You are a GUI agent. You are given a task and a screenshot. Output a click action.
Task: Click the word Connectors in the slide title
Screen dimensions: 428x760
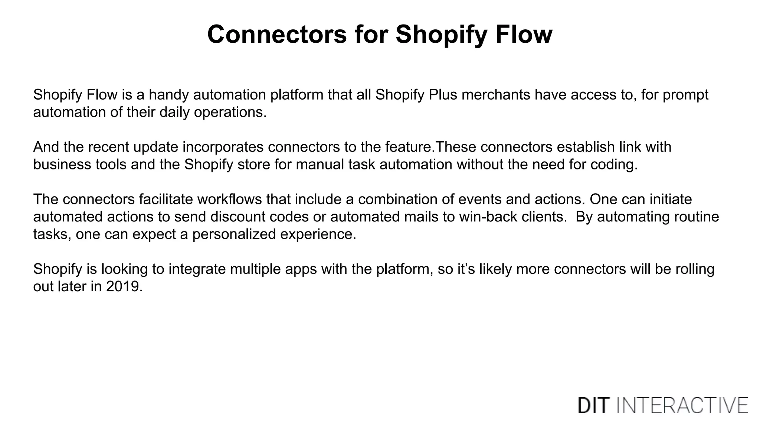click(x=277, y=34)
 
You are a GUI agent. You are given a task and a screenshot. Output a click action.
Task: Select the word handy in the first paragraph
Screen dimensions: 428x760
click(x=169, y=95)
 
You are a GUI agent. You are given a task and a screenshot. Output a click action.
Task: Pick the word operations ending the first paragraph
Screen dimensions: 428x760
click(x=230, y=112)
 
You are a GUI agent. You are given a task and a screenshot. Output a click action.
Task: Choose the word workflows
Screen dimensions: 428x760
click(x=229, y=200)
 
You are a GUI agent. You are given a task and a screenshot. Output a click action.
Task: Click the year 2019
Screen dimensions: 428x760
click(x=124, y=287)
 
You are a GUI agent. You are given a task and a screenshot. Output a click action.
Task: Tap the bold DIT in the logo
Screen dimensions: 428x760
click(x=593, y=405)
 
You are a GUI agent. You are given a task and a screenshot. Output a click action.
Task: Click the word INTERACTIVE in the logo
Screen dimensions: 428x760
click(x=682, y=405)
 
